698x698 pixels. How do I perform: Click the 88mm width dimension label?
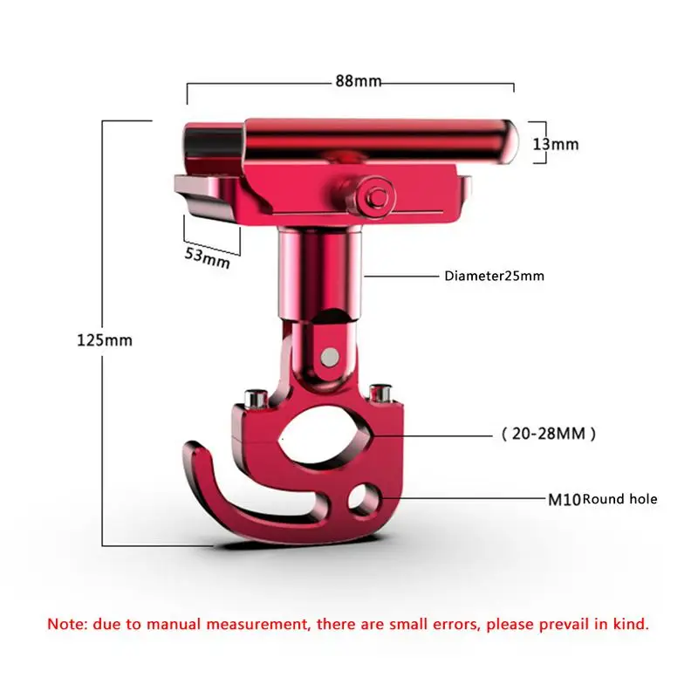tap(359, 81)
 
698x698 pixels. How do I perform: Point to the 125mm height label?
tap(104, 340)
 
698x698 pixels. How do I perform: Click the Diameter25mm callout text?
tap(494, 277)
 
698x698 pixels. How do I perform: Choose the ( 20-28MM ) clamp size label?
tap(549, 433)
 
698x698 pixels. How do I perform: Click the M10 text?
tap(563, 499)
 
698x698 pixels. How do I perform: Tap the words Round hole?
tap(619, 499)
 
